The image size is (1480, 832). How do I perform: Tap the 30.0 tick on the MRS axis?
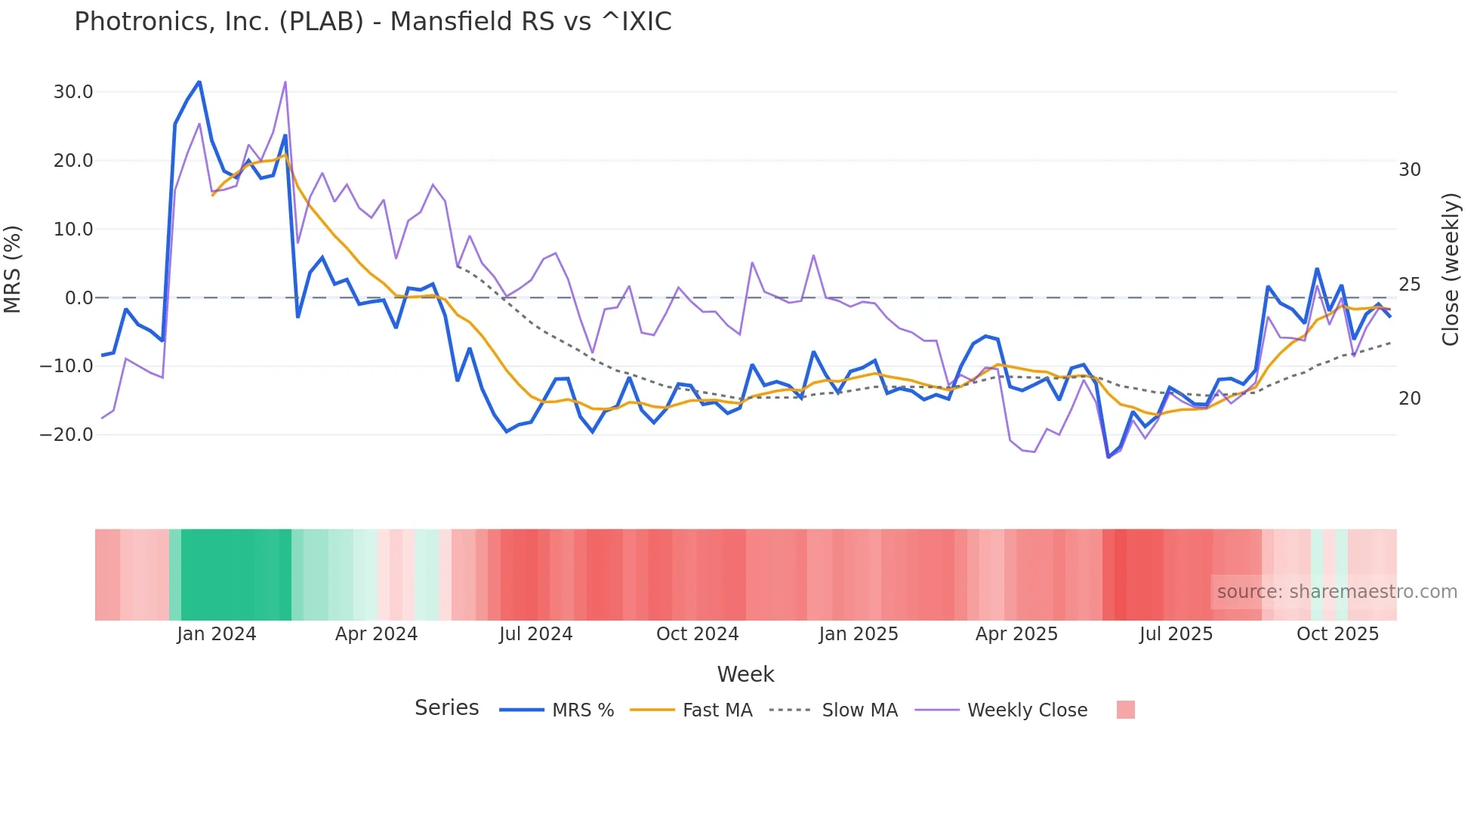coord(73,92)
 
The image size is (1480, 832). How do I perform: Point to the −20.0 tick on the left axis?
coord(67,435)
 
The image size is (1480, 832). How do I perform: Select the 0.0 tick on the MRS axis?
coord(79,298)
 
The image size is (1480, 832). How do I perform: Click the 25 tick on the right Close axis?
coord(1410,285)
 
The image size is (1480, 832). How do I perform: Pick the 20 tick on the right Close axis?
coord(1410,399)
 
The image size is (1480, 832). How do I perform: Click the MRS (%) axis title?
coord(13,269)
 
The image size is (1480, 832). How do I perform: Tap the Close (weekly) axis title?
coord(1451,269)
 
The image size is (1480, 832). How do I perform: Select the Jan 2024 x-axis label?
coord(217,634)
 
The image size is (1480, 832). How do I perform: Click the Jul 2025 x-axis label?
coord(1176,634)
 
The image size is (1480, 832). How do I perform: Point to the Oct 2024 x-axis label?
coord(697,634)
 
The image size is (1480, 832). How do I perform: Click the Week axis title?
coord(745,674)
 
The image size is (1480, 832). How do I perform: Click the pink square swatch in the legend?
coord(1125,710)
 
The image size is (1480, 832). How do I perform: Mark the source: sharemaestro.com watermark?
coord(1337,592)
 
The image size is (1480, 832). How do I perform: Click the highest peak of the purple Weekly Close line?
coord(285,82)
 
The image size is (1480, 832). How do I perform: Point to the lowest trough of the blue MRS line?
coord(1108,457)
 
